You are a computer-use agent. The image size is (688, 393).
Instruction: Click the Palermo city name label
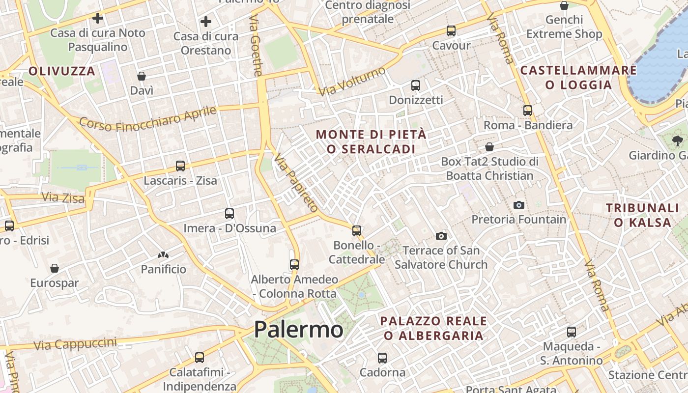(x=298, y=329)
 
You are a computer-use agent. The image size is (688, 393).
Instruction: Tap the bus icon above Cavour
(x=451, y=31)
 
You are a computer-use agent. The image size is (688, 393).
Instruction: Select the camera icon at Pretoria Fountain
(x=518, y=205)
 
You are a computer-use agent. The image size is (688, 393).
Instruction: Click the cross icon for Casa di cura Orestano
(x=206, y=22)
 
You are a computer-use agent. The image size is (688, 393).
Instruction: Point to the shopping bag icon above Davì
(x=142, y=76)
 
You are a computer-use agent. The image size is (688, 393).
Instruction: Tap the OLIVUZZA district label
(x=61, y=71)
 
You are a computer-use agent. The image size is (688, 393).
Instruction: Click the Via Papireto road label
(x=296, y=183)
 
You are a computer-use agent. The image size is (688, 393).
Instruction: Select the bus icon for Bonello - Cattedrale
(x=357, y=230)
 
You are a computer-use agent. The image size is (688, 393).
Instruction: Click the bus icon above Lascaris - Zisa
(x=180, y=166)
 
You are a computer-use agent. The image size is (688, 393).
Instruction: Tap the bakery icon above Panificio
(x=163, y=255)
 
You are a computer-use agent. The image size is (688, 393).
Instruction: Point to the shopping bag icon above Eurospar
(x=55, y=268)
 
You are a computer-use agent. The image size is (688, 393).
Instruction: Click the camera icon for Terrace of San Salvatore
(x=441, y=236)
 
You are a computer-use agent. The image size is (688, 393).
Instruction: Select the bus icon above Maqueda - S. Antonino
(x=572, y=332)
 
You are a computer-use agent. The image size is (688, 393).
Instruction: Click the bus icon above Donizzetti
(x=416, y=85)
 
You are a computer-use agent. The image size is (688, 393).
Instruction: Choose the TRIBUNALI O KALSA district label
(x=642, y=215)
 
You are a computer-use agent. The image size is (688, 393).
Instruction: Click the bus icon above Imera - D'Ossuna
(x=229, y=214)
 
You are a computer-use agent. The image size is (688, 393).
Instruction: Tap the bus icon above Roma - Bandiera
(x=528, y=111)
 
